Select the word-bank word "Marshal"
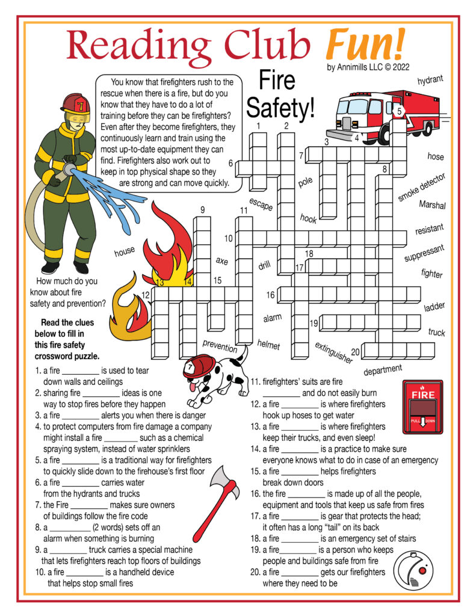(x=432, y=205)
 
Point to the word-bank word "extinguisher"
(x=333, y=353)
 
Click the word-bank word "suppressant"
(x=424, y=253)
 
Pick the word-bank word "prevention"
(x=220, y=346)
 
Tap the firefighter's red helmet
(x=75, y=103)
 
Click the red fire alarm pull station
(x=421, y=407)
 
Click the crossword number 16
(x=271, y=295)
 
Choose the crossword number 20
(x=355, y=352)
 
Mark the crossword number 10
(x=228, y=239)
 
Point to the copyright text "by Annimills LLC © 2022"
(x=368, y=67)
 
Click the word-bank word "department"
(x=383, y=369)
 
